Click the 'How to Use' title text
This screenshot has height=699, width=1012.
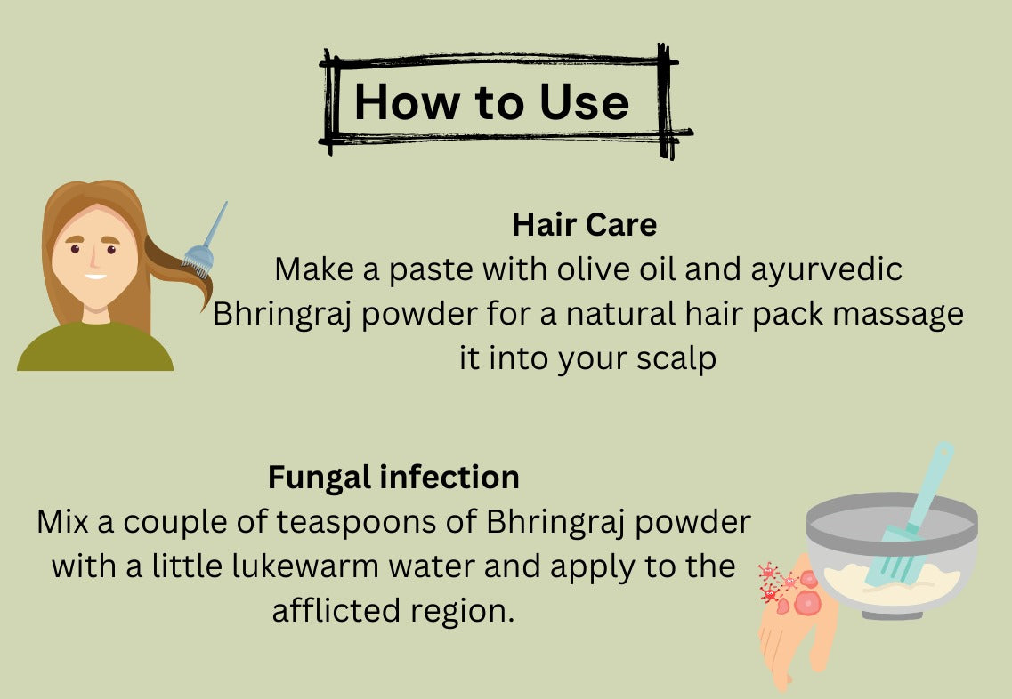[491, 102]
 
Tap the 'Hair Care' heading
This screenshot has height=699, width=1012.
[584, 225]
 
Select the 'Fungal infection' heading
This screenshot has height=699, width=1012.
[393, 478]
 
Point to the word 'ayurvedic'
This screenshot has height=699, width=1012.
[827, 269]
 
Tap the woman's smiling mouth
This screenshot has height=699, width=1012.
[95, 276]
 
